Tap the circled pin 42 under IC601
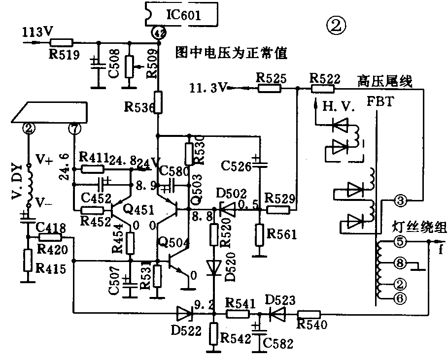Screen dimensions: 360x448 (158, 33)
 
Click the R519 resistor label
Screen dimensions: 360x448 (64, 55)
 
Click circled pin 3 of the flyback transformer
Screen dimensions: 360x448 (400, 200)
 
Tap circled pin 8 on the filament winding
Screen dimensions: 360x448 (401, 264)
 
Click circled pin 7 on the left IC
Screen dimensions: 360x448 (74, 129)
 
